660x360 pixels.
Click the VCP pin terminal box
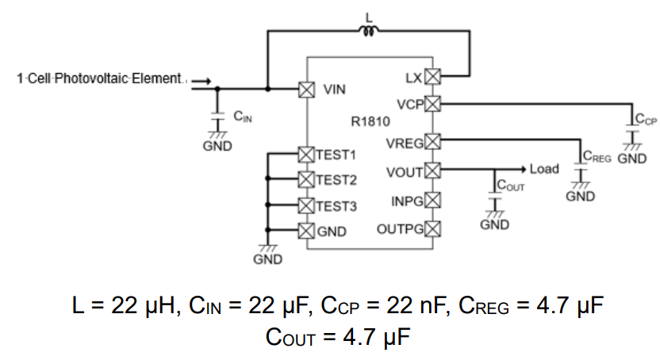pyautogui.click(x=432, y=103)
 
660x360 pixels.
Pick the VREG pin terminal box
pyautogui.click(x=432, y=142)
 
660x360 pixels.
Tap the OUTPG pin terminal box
pyautogui.click(x=432, y=229)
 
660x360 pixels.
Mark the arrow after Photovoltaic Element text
pyautogui.click(x=201, y=79)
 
